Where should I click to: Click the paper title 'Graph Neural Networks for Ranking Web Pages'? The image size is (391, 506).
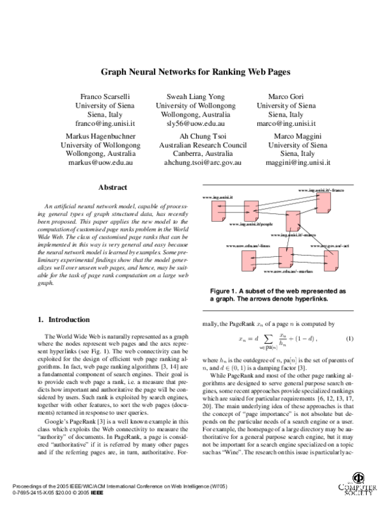click(195, 73)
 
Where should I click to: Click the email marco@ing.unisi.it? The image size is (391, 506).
click(286, 123)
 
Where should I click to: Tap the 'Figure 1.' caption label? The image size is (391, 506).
click(226, 290)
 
